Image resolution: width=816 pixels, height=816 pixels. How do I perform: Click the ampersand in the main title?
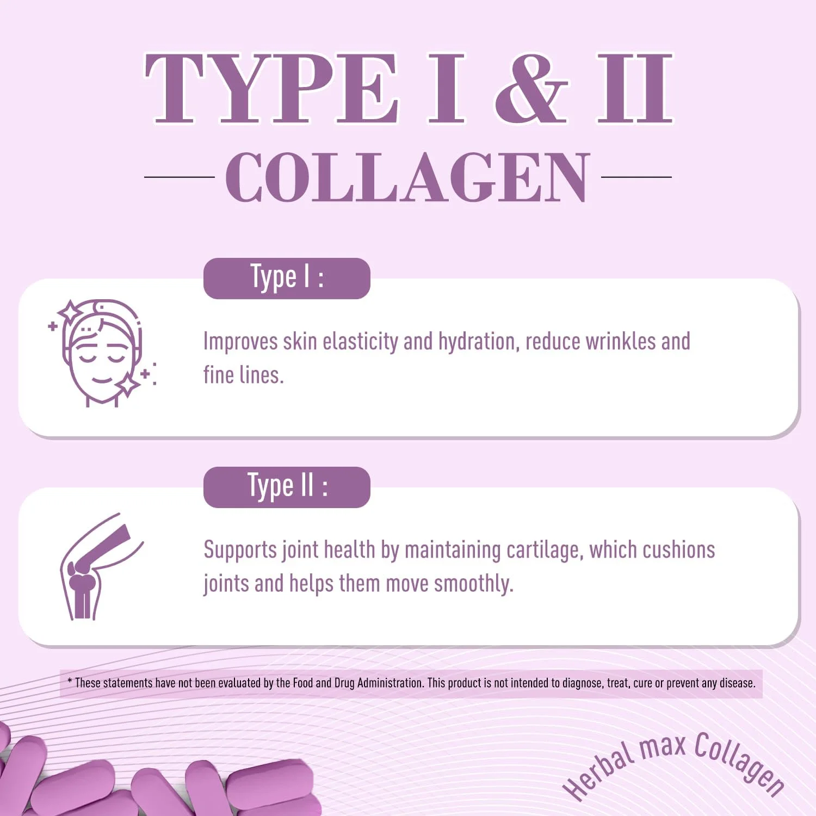(x=531, y=88)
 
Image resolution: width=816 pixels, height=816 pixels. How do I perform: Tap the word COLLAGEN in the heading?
(x=408, y=177)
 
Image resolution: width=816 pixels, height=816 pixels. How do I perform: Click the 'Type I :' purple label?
(x=287, y=278)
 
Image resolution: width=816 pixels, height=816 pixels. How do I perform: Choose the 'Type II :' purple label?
(x=287, y=487)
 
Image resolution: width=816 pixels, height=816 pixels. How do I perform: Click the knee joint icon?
(x=101, y=567)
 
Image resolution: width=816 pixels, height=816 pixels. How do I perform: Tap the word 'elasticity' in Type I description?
(x=360, y=342)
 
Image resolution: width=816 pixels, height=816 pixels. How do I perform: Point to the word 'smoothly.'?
(x=473, y=584)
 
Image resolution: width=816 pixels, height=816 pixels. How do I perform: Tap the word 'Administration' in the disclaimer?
(x=390, y=683)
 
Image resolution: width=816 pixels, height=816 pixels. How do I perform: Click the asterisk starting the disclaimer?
(x=70, y=681)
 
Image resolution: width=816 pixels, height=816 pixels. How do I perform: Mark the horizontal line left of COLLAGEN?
(x=180, y=177)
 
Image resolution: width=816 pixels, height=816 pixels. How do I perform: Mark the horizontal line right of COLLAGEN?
(x=636, y=177)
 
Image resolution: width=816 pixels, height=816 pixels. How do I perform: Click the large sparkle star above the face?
(x=70, y=312)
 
